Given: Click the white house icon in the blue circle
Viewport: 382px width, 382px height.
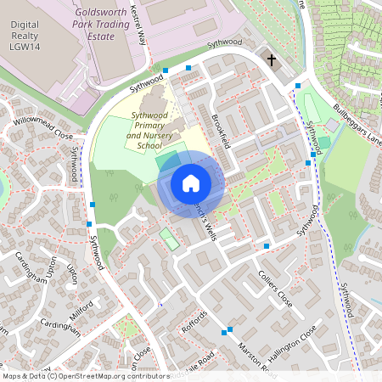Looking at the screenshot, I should coord(191,183).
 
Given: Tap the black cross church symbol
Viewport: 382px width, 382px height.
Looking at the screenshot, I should coord(272,60).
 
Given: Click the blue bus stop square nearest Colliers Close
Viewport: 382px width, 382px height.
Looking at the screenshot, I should coord(267,246).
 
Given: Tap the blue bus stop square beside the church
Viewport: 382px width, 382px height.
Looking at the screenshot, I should coord(297,85).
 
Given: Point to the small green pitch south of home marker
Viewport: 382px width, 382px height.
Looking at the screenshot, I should coord(170,239).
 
